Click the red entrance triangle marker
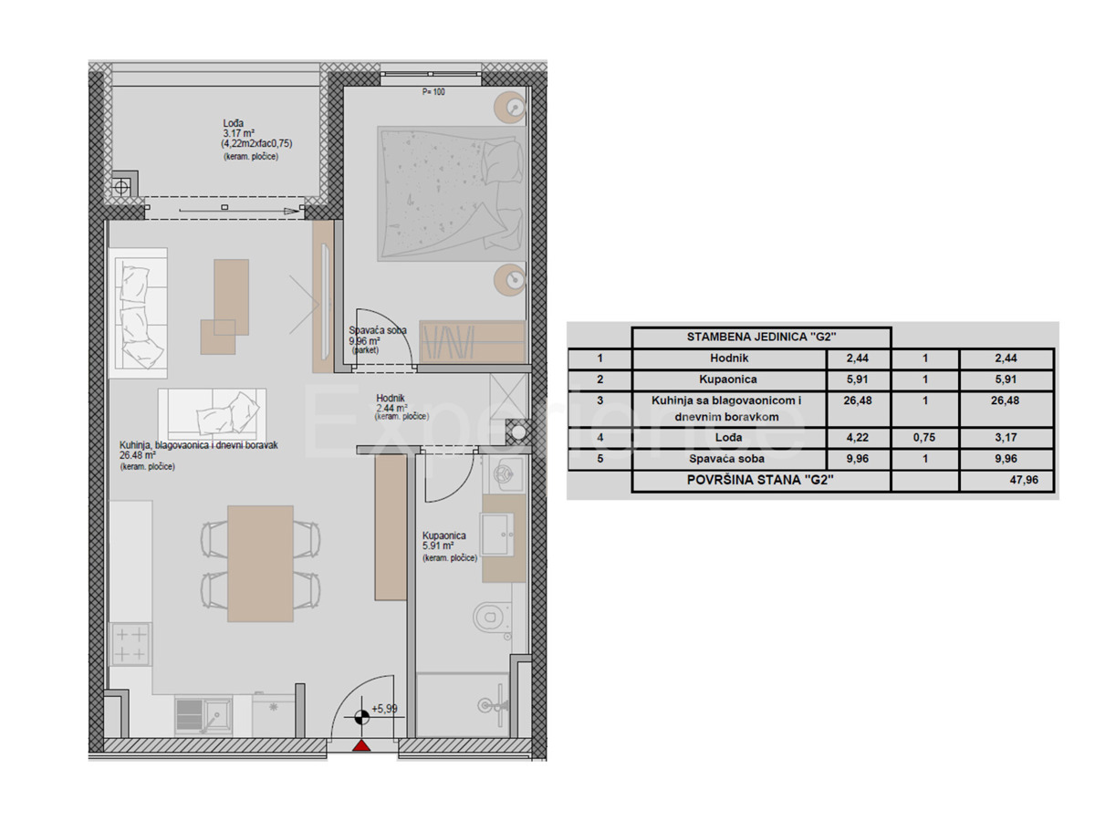361,745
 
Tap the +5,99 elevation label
384,709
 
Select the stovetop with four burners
130,644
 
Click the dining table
260,564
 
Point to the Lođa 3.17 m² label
239,128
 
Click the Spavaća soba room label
378,330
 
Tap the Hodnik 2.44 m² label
391,403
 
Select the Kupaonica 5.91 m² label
444,540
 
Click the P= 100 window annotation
433,92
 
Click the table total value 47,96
1024,480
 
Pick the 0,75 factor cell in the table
924,437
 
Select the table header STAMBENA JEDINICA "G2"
761,337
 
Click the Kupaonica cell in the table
728,379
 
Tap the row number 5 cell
600,459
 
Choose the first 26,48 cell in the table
858,400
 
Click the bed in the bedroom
452,193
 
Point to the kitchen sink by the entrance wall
204,717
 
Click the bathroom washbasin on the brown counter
497,534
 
